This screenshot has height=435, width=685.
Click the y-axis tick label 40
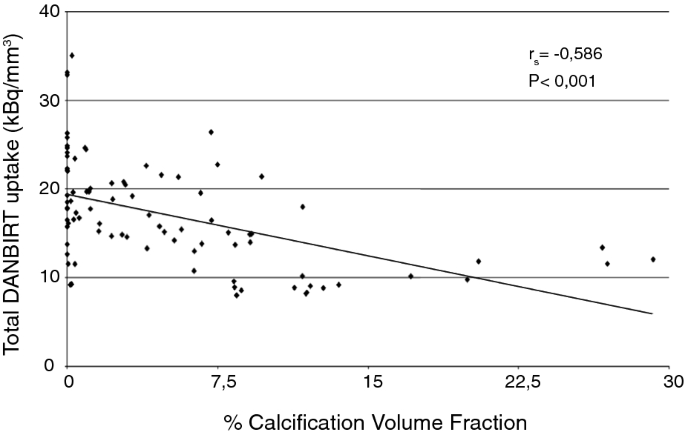[46, 12]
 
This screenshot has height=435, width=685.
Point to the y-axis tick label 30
[46, 100]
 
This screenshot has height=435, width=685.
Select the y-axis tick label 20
[46, 188]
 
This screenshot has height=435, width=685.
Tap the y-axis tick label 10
[46, 277]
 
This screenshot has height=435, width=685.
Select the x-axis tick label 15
[370, 383]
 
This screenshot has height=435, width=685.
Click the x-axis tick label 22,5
[521, 383]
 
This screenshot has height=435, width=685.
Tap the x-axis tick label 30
[672, 383]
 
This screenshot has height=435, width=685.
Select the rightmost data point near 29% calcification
[653, 259]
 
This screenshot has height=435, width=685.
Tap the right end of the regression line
[652, 313]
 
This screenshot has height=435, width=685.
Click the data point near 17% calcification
[411, 276]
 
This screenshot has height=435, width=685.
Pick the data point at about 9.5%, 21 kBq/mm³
[261, 176]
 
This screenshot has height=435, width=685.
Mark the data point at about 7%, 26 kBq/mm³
[211, 132]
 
